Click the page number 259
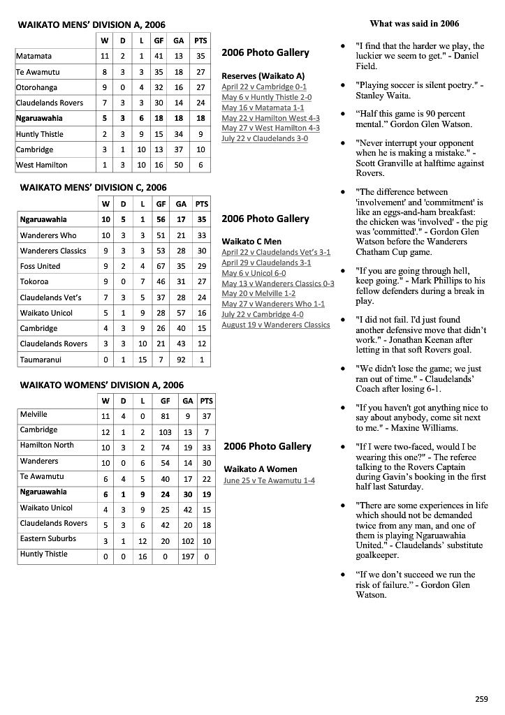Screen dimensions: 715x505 click(x=481, y=699)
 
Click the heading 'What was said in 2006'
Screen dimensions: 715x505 click(x=414, y=24)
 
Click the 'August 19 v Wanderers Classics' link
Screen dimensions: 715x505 click(x=275, y=325)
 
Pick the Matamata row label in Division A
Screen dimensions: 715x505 click(x=34, y=57)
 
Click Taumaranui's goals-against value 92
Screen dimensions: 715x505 click(x=182, y=360)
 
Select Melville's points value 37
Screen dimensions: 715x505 click(x=206, y=417)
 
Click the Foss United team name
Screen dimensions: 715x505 click(x=40, y=266)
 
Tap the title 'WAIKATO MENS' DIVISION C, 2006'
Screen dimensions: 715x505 click(x=93, y=187)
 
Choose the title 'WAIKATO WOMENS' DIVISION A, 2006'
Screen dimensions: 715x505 click(x=102, y=385)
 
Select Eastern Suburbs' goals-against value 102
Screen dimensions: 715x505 click(x=188, y=541)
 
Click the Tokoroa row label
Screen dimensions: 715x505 click(x=34, y=281)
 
